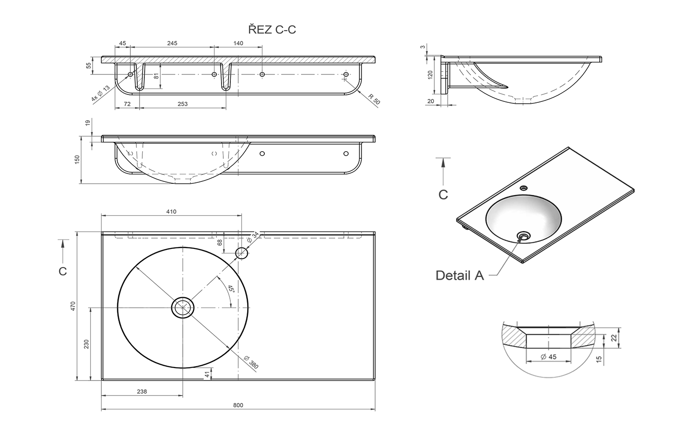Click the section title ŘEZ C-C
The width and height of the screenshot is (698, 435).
point(272,30)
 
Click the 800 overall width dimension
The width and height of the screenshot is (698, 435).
point(238,405)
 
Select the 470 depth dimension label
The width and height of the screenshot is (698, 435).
point(73,306)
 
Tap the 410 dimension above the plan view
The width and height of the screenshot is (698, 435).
point(171,212)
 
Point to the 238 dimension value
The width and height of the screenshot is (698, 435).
point(142,391)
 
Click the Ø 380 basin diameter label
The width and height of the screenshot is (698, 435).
point(251,361)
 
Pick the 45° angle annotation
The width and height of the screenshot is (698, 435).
point(230,289)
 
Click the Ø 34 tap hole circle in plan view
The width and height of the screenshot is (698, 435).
point(242,253)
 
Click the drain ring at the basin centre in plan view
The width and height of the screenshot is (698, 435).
point(183,308)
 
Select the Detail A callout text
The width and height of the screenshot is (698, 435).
point(460,275)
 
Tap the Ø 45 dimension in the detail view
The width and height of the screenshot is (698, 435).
point(549,357)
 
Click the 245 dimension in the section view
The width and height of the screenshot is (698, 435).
point(172,43)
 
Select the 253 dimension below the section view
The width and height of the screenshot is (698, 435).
point(182,104)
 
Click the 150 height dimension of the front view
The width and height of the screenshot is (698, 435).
point(77,159)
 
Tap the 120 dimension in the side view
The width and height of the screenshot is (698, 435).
point(430,74)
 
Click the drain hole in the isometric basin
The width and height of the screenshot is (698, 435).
point(524,236)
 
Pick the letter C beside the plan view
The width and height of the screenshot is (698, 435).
point(63,271)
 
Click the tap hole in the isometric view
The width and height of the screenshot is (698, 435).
point(523,188)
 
